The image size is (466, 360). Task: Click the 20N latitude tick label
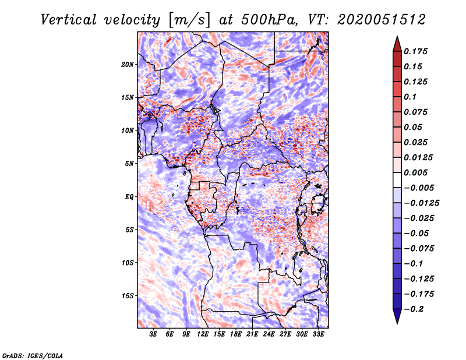pos(128,64)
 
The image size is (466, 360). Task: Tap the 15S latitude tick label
pos(128,295)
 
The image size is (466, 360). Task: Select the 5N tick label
pos(129,164)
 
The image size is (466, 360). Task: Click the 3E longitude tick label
pos(154,334)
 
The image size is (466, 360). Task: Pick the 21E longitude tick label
pos(252,334)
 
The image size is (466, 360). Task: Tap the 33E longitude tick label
pos(318,334)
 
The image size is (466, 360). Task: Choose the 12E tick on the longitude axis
pos(203,334)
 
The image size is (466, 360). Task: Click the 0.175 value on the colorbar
pos(416,51)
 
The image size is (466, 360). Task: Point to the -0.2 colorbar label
pos(416,309)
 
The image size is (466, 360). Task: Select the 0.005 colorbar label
pos(416,172)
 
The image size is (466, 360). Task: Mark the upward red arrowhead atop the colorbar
pos(397,43)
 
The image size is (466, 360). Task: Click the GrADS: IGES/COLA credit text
pos(33,355)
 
